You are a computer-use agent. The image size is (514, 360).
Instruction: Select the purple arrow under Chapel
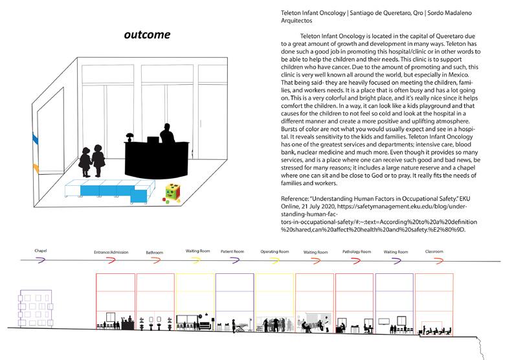coord(42,260)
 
